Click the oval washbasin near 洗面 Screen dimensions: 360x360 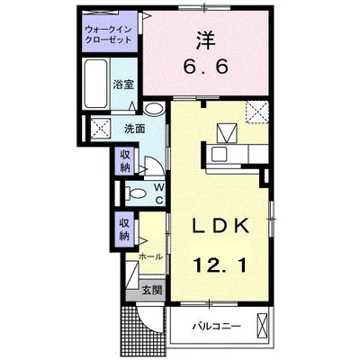tap(155, 110)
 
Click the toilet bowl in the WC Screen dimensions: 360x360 tap(136, 193)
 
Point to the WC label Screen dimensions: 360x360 tap(158, 193)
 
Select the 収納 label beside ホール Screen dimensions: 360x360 tap(124, 229)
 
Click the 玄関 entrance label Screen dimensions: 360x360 tap(152, 291)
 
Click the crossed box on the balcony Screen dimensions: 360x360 tap(262, 325)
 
